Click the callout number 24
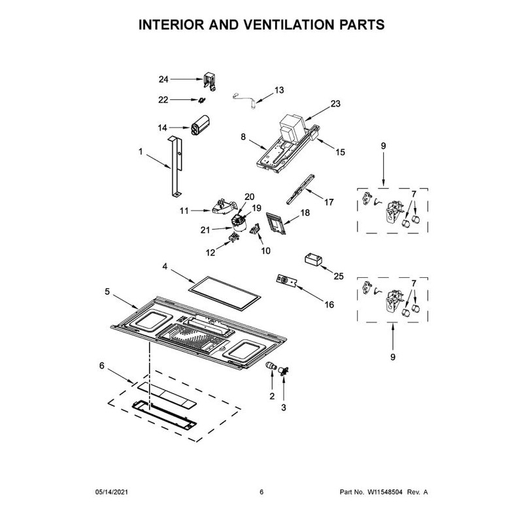[163, 79]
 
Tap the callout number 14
[162, 127]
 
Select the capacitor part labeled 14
[200, 125]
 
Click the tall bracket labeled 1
[175, 166]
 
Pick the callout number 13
[279, 90]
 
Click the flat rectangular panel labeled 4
[224, 293]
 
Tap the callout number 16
[329, 305]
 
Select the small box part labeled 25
[313, 260]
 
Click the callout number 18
[305, 212]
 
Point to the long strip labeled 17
[301, 189]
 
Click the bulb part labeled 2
[271, 367]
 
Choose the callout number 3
[284, 407]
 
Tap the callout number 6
[102, 365]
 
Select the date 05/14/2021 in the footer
[112, 492]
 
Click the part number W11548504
[385, 492]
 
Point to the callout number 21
[205, 230]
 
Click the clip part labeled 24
[210, 81]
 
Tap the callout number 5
[107, 292]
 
